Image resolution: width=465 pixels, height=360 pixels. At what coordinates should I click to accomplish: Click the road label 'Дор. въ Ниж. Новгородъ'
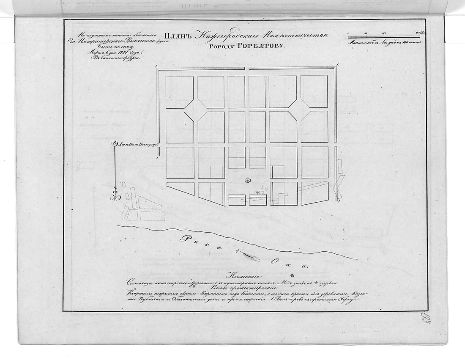137,143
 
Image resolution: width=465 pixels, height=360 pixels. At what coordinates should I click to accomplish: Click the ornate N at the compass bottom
114,196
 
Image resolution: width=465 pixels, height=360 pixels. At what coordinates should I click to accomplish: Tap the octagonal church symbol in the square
247,180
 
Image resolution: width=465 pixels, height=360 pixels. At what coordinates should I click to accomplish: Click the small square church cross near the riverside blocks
257,192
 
